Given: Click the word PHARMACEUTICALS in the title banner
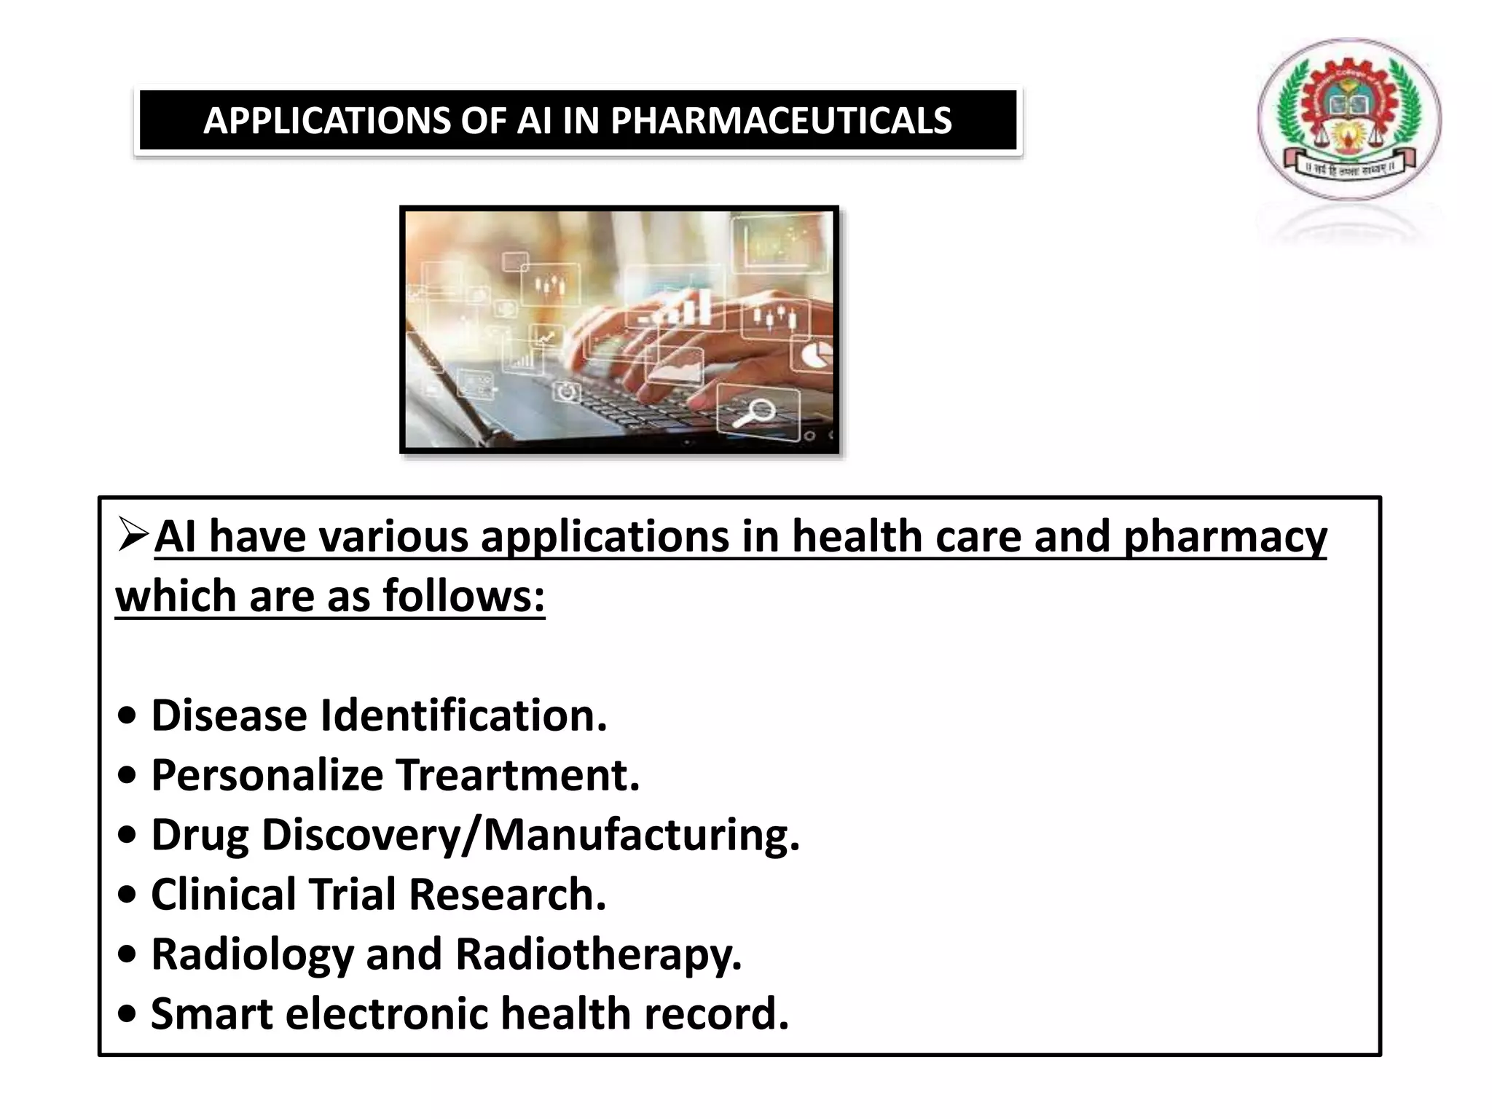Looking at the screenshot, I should [781, 121].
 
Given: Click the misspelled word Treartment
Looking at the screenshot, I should [518, 775].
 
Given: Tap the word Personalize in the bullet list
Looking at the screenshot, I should [267, 775].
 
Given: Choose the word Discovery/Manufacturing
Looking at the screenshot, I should [530, 835].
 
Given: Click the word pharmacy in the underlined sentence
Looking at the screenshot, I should [1225, 538].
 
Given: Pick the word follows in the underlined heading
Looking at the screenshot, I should [464, 596].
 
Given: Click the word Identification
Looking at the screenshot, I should [464, 715].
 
